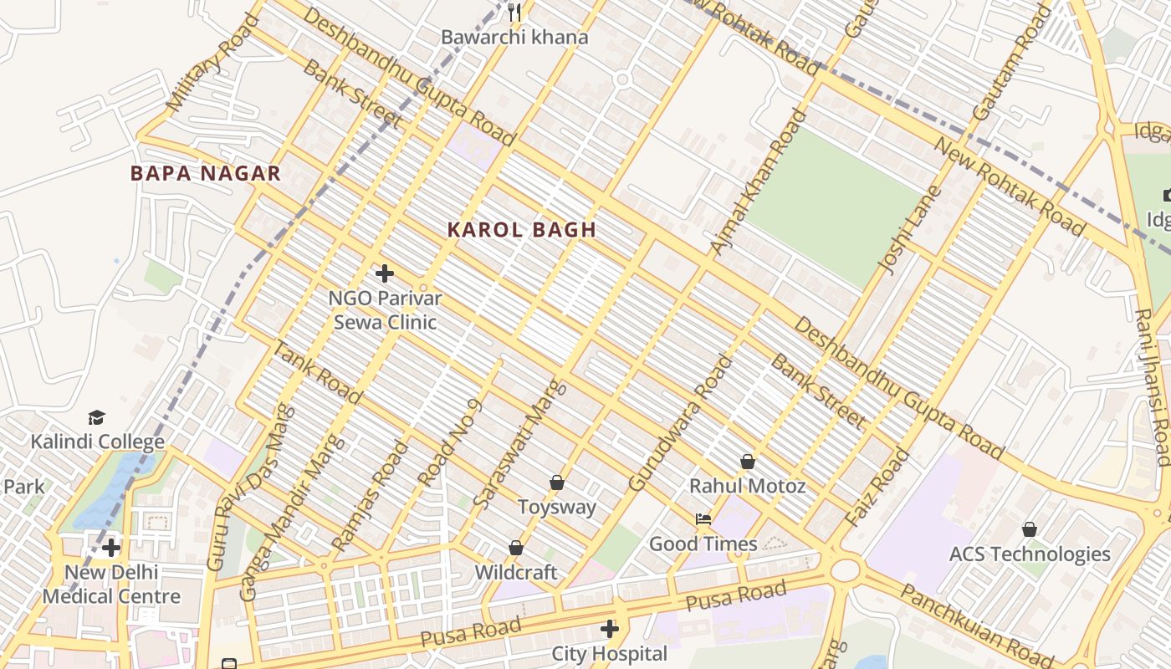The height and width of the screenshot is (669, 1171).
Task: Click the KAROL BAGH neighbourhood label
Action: (521, 230)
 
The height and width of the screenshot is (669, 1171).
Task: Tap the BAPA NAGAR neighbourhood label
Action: (205, 174)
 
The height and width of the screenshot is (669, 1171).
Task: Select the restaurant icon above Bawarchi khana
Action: (514, 13)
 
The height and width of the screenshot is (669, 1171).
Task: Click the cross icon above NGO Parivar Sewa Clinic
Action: (385, 273)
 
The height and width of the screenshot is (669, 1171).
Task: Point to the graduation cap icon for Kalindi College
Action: (97, 417)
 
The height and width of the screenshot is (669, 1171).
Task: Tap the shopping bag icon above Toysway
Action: (557, 483)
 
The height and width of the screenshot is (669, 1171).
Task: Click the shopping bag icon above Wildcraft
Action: (516, 548)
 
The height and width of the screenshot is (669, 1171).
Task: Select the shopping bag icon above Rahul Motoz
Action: (748, 462)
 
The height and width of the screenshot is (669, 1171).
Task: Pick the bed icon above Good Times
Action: (703, 519)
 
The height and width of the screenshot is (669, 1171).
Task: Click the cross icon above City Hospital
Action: (610, 629)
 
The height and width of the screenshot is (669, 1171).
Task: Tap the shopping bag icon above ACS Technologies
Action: (1030, 529)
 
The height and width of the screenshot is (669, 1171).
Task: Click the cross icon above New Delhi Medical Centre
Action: (111, 549)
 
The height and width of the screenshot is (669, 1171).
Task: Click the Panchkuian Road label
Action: (977, 623)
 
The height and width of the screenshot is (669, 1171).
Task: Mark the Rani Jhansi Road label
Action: (1153, 386)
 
